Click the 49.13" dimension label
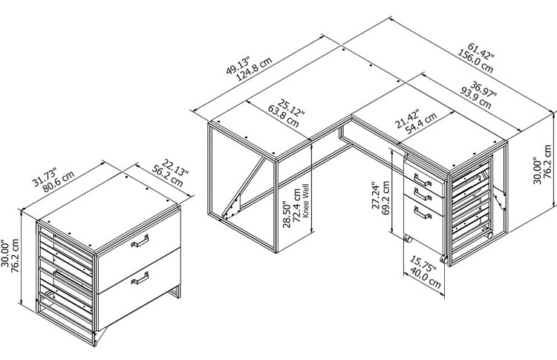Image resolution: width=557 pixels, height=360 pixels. click(x=238, y=65)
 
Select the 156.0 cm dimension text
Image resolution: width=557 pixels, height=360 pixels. click(x=475, y=61)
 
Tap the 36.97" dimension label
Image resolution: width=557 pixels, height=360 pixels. click(x=483, y=89)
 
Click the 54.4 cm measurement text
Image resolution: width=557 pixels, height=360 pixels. click(x=421, y=122)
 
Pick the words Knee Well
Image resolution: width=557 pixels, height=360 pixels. click(x=306, y=200)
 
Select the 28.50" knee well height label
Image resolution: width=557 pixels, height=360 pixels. click(x=287, y=215)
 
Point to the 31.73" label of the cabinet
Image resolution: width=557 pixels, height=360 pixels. click(x=45, y=177)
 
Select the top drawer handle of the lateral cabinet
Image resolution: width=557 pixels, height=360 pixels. click(x=140, y=240)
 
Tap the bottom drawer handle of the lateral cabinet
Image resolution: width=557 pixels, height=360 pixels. click(x=140, y=278)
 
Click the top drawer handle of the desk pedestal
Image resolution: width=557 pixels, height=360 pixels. click(x=423, y=180)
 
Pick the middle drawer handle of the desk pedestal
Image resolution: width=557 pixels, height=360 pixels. click(x=423, y=194)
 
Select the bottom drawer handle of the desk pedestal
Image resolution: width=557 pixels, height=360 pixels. click(x=423, y=212)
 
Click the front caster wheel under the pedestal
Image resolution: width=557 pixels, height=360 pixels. click(x=443, y=259)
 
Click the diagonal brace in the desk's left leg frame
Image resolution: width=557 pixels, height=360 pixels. click(x=244, y=187)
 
